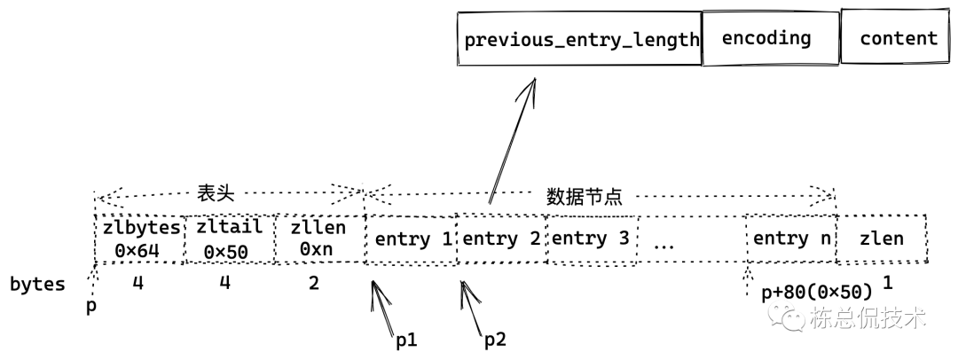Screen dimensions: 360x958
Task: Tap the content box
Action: tap(897, 38)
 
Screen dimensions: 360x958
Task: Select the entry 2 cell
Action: tap(501, 239)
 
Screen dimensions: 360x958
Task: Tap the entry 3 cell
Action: tap(590, 239)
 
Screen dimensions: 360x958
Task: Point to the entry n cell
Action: tap(792, 239)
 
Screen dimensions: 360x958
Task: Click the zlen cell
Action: tap(882, 239)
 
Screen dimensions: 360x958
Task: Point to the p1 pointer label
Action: tap(407, 339)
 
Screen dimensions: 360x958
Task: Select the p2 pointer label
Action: tap(494, 339)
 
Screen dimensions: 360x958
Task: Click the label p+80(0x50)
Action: tap(817, 292)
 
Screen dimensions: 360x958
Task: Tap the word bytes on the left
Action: tap(37, 285)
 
